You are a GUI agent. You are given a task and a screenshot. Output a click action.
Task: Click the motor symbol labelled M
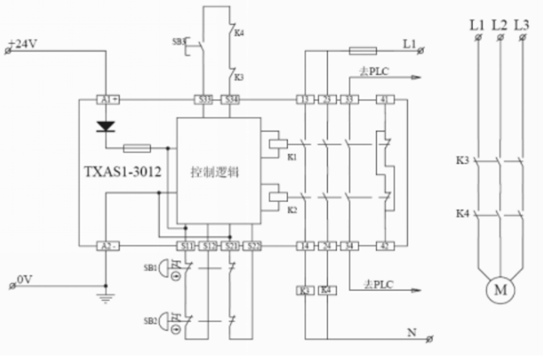click(499, 290)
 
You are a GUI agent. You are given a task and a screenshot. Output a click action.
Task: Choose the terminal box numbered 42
click(385, 244)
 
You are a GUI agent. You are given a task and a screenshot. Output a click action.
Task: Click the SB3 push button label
click(179, 42)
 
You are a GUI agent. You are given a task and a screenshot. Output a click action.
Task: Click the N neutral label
click(411, 333)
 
